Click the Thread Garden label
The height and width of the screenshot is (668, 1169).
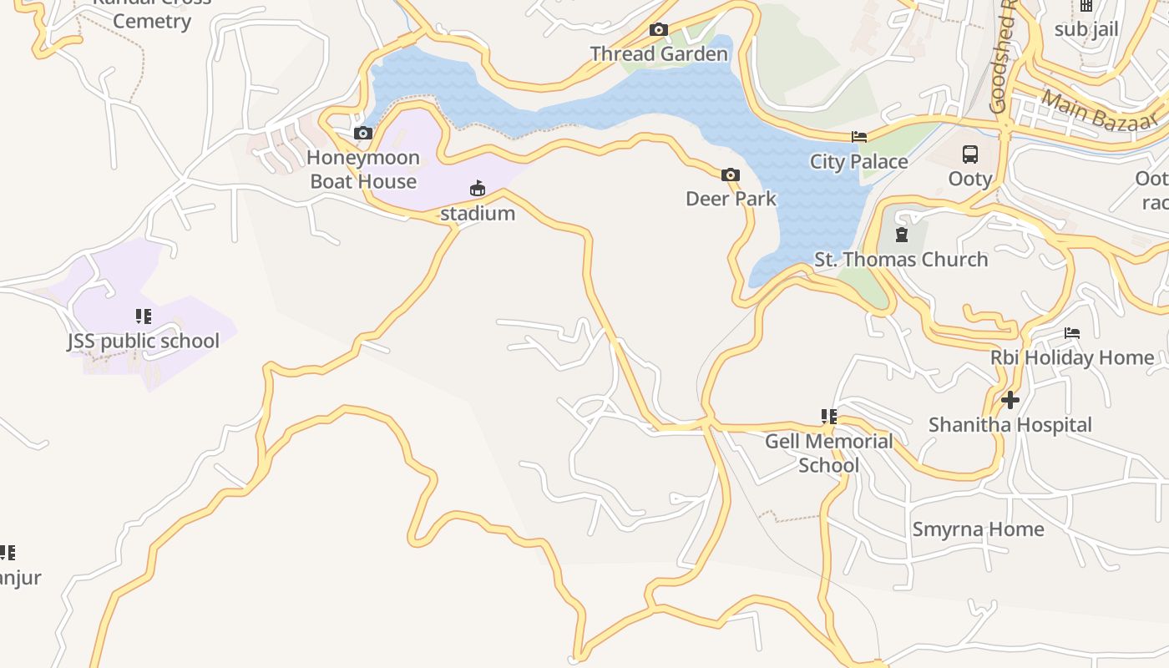(x=659, y=54)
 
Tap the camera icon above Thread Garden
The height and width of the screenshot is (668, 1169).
(x=659, y=30)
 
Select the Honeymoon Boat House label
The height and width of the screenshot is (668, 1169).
(x=363, y=170)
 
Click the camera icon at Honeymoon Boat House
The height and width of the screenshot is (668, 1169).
(x=362, y=133)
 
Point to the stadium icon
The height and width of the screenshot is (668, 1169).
(x=478, y=189)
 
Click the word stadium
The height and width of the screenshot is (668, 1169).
(x=478, y=214)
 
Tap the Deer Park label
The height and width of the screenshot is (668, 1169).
(x=731, y=199)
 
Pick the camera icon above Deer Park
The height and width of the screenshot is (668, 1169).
(x=731, y=175)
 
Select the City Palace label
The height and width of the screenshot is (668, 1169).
(x=858, y=162)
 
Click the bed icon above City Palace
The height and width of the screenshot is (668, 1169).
(x=859, y=137)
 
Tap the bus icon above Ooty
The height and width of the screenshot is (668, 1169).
(x=970, y=154)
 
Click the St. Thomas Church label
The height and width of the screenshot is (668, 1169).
(x=901, y=260)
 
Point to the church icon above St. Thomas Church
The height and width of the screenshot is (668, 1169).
(x=901, y=235)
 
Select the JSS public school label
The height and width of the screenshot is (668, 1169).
(x=144, y=341)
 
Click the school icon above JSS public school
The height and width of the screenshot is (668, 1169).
(x=144, y=316)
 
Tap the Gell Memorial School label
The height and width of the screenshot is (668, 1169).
(x=828, y=453)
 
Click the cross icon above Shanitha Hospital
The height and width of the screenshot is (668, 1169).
(x=1010, y=400)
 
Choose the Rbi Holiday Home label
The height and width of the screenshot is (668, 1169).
(x=1072, y=358)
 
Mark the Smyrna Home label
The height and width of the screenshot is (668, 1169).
(x=978, y=529)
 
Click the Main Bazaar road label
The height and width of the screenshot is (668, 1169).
(x=1101, y=111)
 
